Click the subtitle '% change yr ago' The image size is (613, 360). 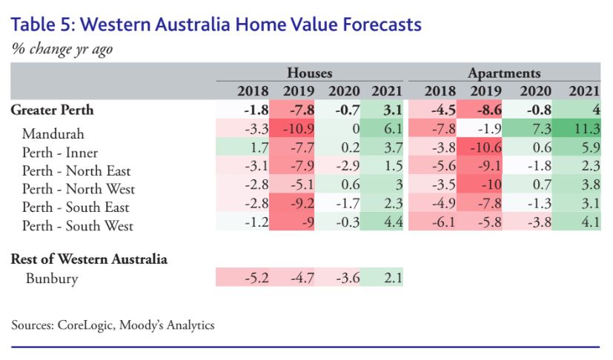[62, 49]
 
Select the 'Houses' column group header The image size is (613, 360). [310, 73]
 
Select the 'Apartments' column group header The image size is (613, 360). [504, 73]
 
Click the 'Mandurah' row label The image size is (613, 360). [53, 134]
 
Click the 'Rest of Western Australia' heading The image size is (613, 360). [89, 259]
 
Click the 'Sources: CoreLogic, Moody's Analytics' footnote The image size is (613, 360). [113, 325]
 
